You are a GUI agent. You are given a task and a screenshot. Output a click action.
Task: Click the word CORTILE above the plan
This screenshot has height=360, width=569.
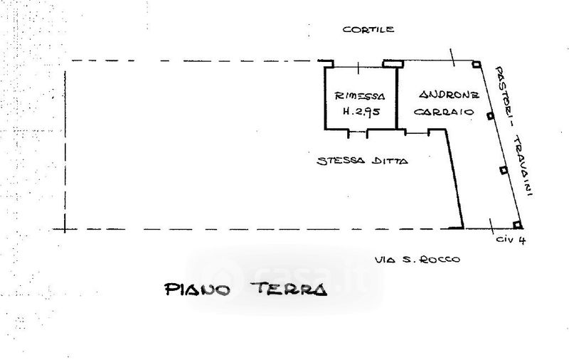pyautogui.click(x=368, y=30)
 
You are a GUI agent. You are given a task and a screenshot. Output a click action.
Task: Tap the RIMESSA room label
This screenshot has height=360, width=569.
pyautogui.click(x=360, y=96)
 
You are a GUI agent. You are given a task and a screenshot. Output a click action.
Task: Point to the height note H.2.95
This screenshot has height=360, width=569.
pyautogui.click(x=360, y=112)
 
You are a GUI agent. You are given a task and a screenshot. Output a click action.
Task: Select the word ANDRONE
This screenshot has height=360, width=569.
pyautogui.click(x=449, y=95)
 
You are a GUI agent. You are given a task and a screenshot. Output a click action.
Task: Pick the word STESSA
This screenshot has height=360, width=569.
pyautogui.click(x=340, y=161)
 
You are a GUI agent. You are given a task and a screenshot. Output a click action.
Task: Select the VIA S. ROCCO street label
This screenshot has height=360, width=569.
pyautogui.click(x=418, y=260)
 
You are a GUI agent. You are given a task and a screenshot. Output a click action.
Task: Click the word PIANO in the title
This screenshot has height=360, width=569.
pyautogui.click(x=197, y=290)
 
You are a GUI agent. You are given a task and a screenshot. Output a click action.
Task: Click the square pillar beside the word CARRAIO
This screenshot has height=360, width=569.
pyautogui.click(x=490, y=116)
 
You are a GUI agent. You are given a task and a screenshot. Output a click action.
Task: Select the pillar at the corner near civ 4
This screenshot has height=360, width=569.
pyautogui.click(x=518, y=229)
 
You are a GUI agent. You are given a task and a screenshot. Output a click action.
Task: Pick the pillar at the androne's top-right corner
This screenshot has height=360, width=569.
pyautogui.click(x=475, y=64)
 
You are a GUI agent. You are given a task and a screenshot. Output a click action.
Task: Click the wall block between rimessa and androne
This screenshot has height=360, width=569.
pyautogui.click(x=390, y=63)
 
